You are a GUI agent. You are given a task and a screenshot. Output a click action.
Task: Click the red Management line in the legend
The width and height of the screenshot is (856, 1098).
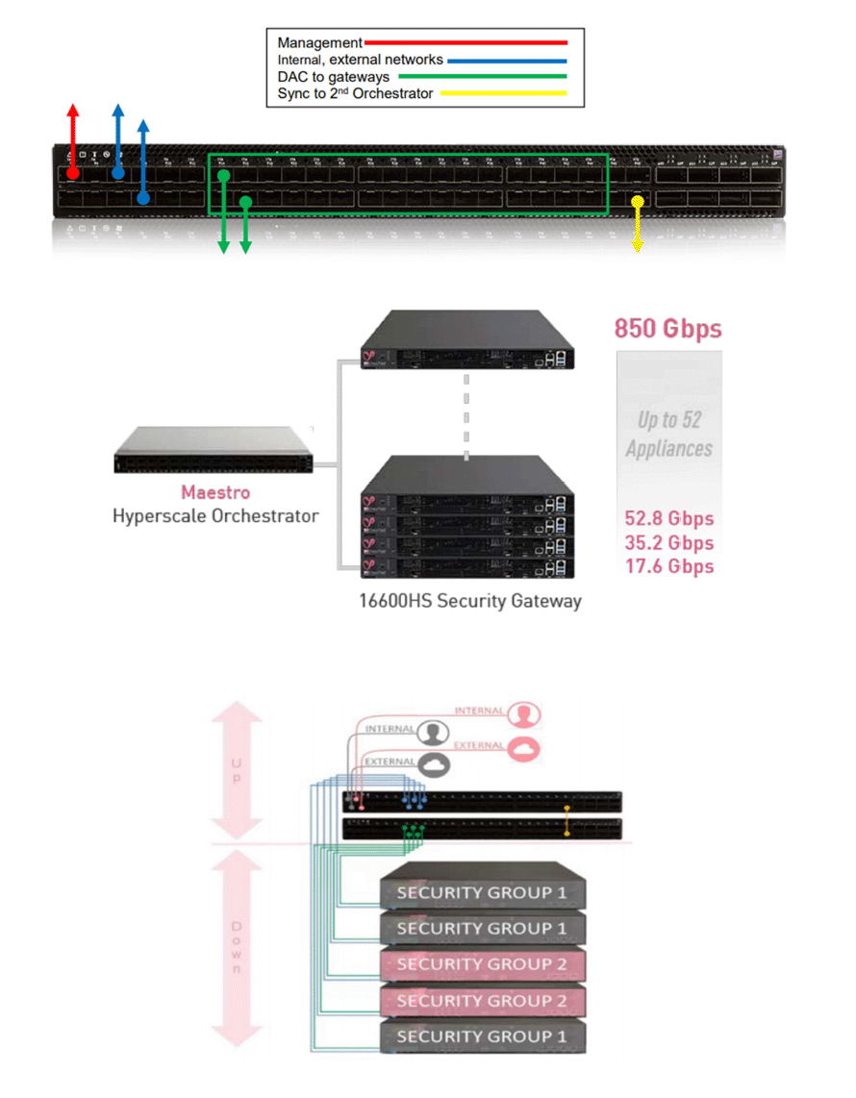pos(466,42)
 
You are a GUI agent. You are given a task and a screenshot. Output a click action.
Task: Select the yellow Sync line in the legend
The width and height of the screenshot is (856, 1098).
pos(502,93)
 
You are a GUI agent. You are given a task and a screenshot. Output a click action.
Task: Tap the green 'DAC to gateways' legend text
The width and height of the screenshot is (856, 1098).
pos(333,77)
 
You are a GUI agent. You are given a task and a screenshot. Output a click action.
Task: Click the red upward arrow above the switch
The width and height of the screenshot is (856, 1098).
pos(73,135)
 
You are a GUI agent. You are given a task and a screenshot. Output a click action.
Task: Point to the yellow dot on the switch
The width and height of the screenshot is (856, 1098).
pos(637,201)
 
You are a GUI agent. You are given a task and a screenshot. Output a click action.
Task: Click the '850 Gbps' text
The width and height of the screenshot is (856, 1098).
pos(667,328)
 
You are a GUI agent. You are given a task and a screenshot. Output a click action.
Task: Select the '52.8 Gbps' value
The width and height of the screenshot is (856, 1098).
pos(669,519)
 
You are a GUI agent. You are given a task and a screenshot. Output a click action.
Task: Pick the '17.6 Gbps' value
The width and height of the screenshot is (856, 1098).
pos(669,566)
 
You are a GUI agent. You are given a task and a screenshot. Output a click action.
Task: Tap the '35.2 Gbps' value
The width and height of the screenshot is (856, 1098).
pos(669,543)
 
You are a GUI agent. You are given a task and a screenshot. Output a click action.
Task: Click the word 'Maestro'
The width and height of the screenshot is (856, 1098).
pos(215,492)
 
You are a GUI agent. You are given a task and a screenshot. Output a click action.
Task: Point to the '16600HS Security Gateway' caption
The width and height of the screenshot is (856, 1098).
pos(468,602)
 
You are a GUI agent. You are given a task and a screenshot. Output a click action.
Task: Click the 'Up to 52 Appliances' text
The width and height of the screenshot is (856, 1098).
pos(669,434)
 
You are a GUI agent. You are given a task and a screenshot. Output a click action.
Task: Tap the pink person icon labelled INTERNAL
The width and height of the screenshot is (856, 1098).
pos(522,714)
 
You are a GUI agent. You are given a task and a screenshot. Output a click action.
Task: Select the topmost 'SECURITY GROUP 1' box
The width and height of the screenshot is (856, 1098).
pos(482,891)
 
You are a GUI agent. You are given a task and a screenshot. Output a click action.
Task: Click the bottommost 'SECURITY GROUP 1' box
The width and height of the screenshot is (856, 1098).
pos(482,1036)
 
